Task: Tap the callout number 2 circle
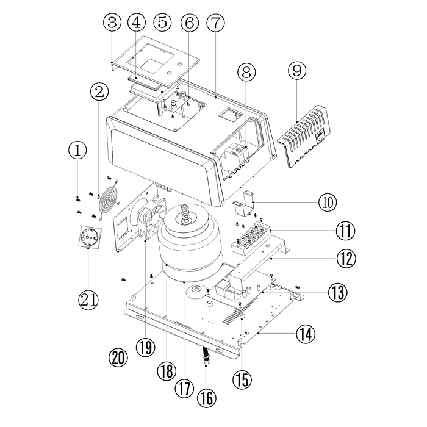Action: click(x=99, y=93)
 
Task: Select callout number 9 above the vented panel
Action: click(x=297, y=71)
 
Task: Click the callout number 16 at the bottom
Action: click(x=207, y=398)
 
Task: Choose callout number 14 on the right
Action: click(x=306, y=333)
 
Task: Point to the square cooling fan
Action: click(x=149, y=223)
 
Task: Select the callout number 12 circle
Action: click(x=346, y=259)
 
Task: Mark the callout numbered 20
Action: click(x=119, y=356)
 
